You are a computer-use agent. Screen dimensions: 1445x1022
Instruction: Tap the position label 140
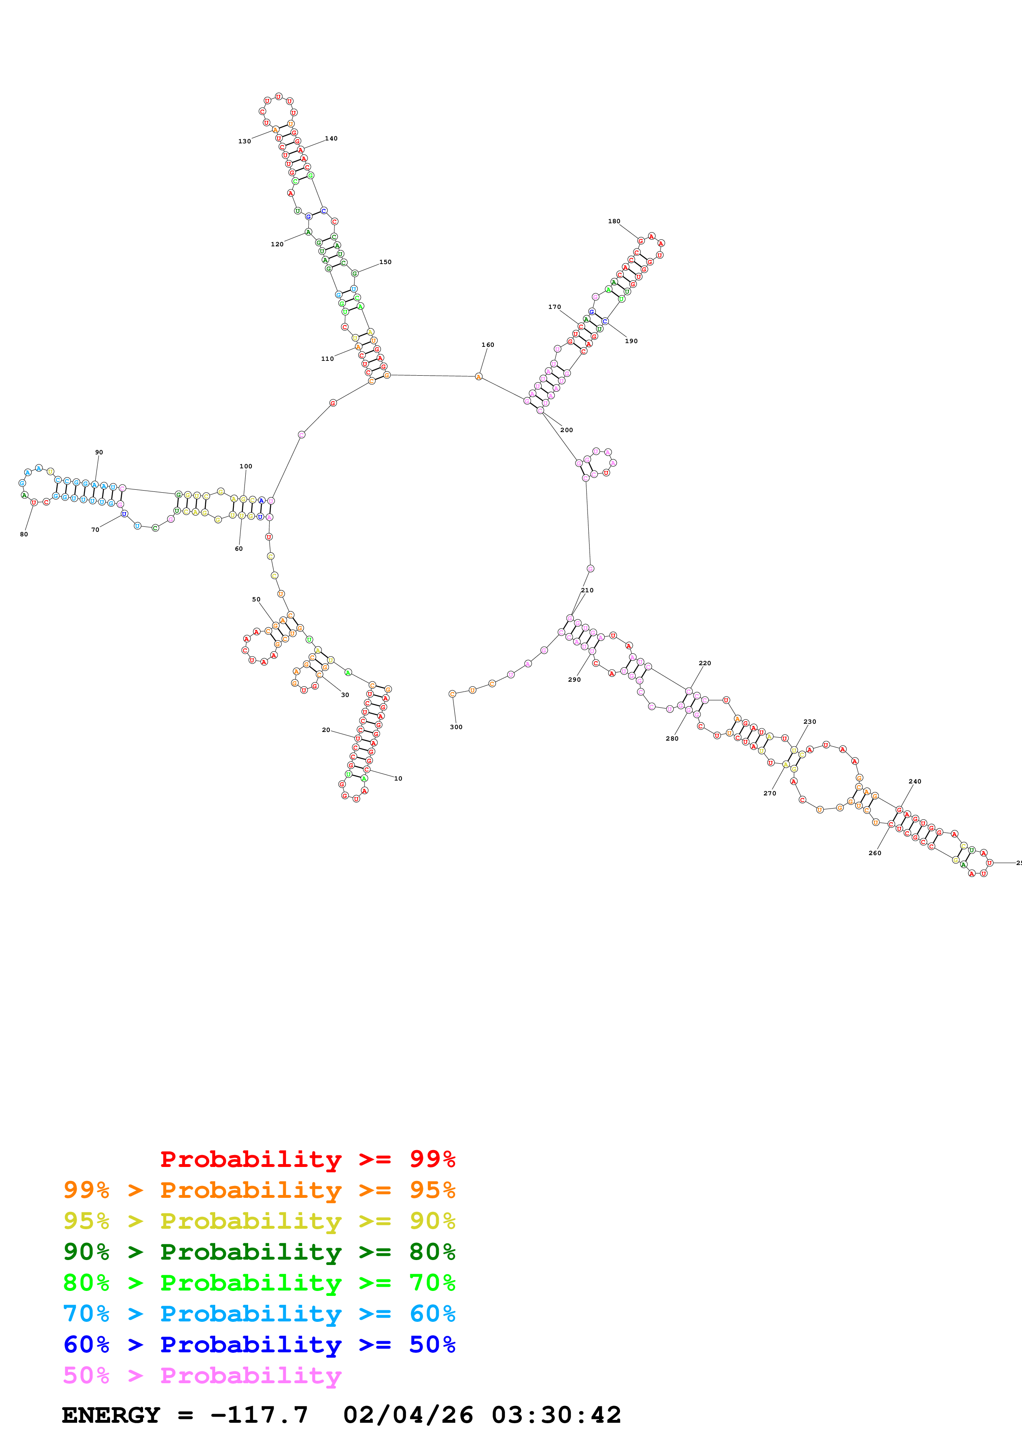[331, 138]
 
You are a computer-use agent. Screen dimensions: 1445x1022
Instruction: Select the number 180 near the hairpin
[614, 222]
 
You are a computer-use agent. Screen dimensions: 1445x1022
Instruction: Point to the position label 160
[488, 345]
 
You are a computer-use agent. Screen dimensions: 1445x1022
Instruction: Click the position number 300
[456, 727]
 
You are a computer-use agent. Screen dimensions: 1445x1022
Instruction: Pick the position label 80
[24, 534]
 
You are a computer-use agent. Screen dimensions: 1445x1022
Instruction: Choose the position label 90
[99, 453]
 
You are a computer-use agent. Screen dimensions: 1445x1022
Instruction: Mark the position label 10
[398, 779]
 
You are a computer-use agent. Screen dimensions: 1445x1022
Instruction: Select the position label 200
[567, 430]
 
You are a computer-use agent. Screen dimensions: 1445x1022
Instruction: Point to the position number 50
[256, 600]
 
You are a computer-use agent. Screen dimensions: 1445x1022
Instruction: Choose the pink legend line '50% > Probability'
[202, 1375]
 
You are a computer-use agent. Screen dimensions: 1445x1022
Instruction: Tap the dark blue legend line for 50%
[259, 1344]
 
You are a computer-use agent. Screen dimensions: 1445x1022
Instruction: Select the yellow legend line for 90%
[259, 1221]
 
